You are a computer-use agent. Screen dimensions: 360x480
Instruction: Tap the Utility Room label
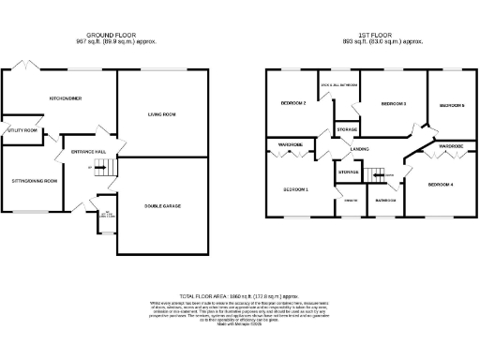pos(22,130)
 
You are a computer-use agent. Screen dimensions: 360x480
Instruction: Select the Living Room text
pos(161,114)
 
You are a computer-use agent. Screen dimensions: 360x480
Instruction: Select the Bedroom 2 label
pos(293,103)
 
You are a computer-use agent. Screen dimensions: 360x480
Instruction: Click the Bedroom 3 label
pos(393,103)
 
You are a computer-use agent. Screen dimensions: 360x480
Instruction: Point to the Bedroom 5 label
pos(452,105)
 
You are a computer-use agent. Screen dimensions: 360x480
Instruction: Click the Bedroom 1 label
pos(295,189)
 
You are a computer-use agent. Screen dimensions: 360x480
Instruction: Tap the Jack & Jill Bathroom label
pos(338,85)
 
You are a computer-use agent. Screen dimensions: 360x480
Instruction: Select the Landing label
pos(358,149)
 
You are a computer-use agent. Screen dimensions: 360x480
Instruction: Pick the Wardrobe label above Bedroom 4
pos(451,145)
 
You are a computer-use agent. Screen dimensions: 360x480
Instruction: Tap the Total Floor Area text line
pos(239,294)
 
